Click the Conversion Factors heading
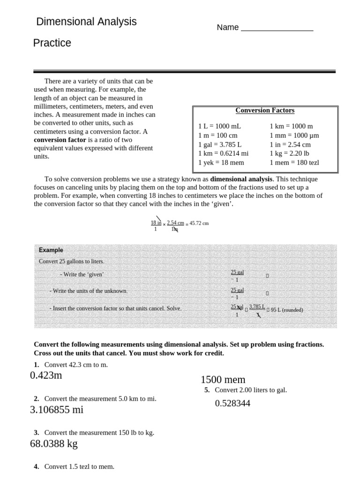point(265,111)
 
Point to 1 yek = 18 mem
point(221,163)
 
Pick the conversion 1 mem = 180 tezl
point(294,163)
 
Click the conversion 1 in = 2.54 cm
point(290,144)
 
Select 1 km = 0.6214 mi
point(223,153)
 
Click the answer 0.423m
point(46,375)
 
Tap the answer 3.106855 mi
point(57,410)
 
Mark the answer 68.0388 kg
point(54,443)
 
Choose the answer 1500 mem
point(223,380)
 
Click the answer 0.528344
point(232,403)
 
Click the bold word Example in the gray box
point(51,250)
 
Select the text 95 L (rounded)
point(286,310)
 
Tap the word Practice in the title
point(52,43)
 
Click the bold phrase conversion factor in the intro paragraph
point(60,140)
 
